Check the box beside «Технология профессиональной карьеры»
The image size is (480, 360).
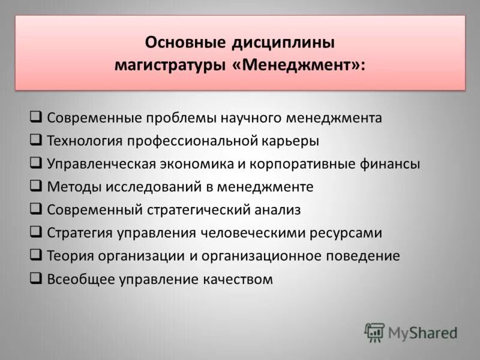[x=35, y=140]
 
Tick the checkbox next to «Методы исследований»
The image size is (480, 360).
[x=35, y=186]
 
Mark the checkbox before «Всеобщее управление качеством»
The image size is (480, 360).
[x=35, y=278]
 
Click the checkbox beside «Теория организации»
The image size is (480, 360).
[x=35, y=255]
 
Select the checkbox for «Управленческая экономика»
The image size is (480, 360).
[x=35, y=163]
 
